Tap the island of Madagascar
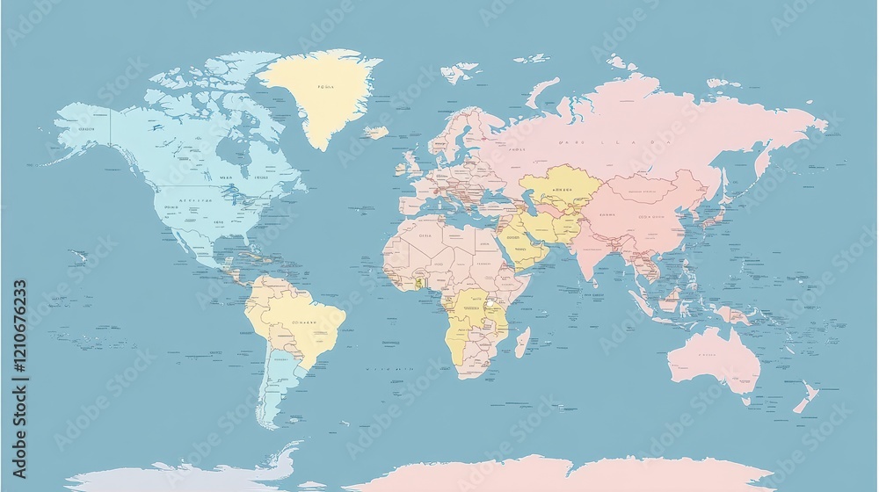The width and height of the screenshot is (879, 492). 522,341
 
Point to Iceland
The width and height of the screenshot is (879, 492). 376,133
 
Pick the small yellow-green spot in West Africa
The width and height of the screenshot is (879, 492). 420,283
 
